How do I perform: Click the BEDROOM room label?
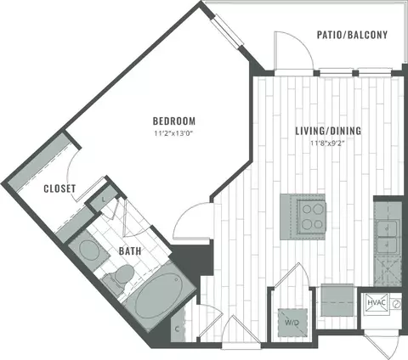point(174,121)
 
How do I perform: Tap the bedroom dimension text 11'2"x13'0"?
point(174,133)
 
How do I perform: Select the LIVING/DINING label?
point(328,131)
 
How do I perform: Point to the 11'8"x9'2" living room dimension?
point(329,143)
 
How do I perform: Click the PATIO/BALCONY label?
point(352,35)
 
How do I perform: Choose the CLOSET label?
point(59,188)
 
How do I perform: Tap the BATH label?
point(130,251)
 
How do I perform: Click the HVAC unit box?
point(377,304)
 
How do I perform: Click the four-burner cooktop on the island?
point(311,217)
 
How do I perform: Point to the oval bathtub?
point(156,295)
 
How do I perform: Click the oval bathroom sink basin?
point(89,250)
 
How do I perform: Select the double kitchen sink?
point(388,236)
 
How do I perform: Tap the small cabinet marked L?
point(102,199)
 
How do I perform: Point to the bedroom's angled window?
point(228,31)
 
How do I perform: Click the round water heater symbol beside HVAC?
point(396,304)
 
